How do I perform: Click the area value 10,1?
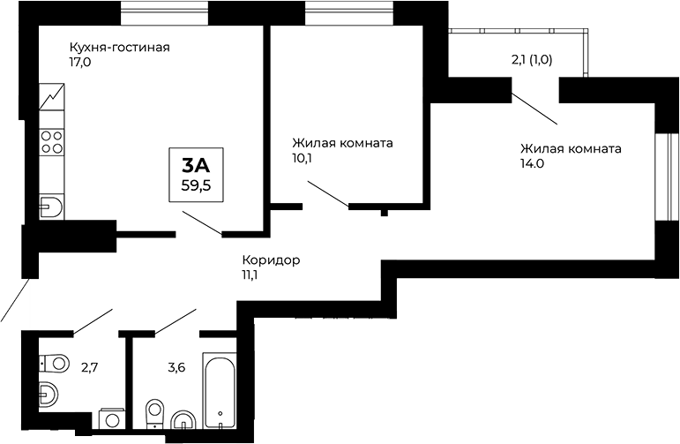tap(303, 159)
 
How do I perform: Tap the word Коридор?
tap(271, 260)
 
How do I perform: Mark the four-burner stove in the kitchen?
tap(52, 141)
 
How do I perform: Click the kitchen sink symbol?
tap(51, 208)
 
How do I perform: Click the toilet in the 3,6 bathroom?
tap(154, 413)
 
